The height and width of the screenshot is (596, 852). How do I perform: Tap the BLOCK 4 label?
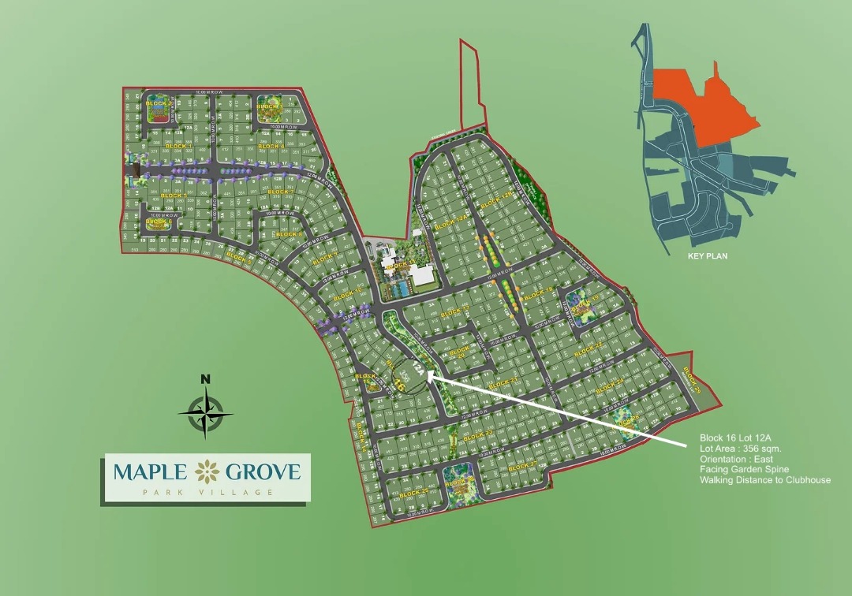pos(271,147)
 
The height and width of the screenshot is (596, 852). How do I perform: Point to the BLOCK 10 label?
pos(347,296)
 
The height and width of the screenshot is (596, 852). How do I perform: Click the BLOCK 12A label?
pos(451,225)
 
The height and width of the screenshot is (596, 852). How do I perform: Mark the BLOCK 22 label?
pos(588,348)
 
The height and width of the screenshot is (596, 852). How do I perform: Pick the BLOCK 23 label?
pos(477,435)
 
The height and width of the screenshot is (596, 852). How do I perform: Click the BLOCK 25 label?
pos(413,493)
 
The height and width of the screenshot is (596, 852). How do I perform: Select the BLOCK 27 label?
pos(524,466)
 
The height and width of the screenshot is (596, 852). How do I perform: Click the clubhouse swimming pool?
pos(399,289)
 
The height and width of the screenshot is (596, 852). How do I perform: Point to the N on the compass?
pos(205,379)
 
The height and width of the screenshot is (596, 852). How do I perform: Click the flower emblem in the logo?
pos(207,472)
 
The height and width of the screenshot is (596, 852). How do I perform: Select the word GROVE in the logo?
pos(263,472)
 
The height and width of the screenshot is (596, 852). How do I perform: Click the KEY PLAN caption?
pos(706,255)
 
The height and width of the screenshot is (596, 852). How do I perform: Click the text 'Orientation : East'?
pos(736,459)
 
